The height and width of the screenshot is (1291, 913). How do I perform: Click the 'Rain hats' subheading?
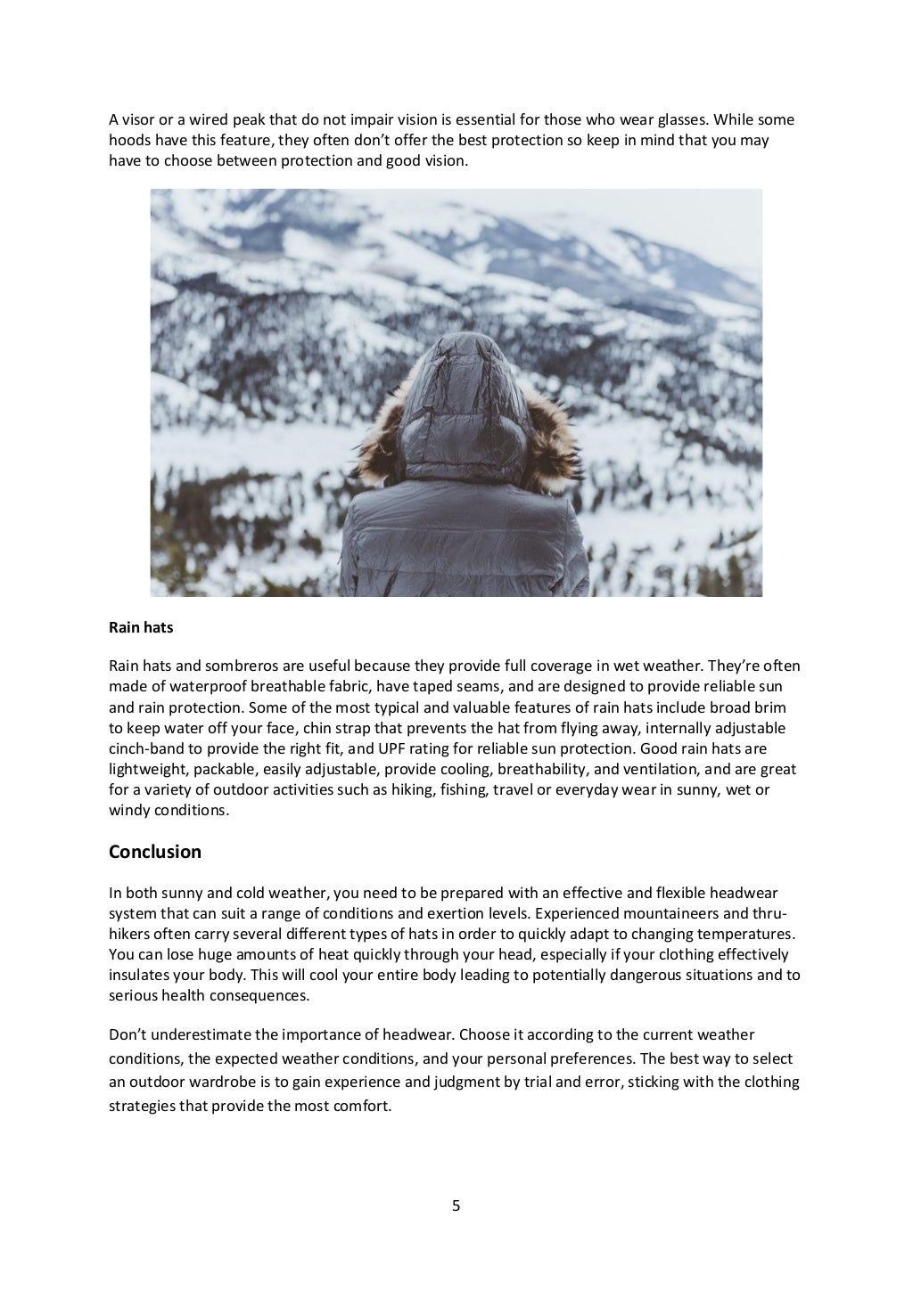[x=141, y=627]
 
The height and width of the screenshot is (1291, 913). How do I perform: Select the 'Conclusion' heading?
[x=154, y=852]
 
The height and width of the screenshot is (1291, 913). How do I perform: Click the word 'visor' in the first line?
[x=135, y=119]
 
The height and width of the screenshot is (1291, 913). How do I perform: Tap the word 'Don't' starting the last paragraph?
[x=126, y=1034]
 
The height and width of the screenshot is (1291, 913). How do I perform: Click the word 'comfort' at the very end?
[x=365, y=1107]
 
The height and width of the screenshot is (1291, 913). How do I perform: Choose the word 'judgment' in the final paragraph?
[x=458, y=1083]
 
